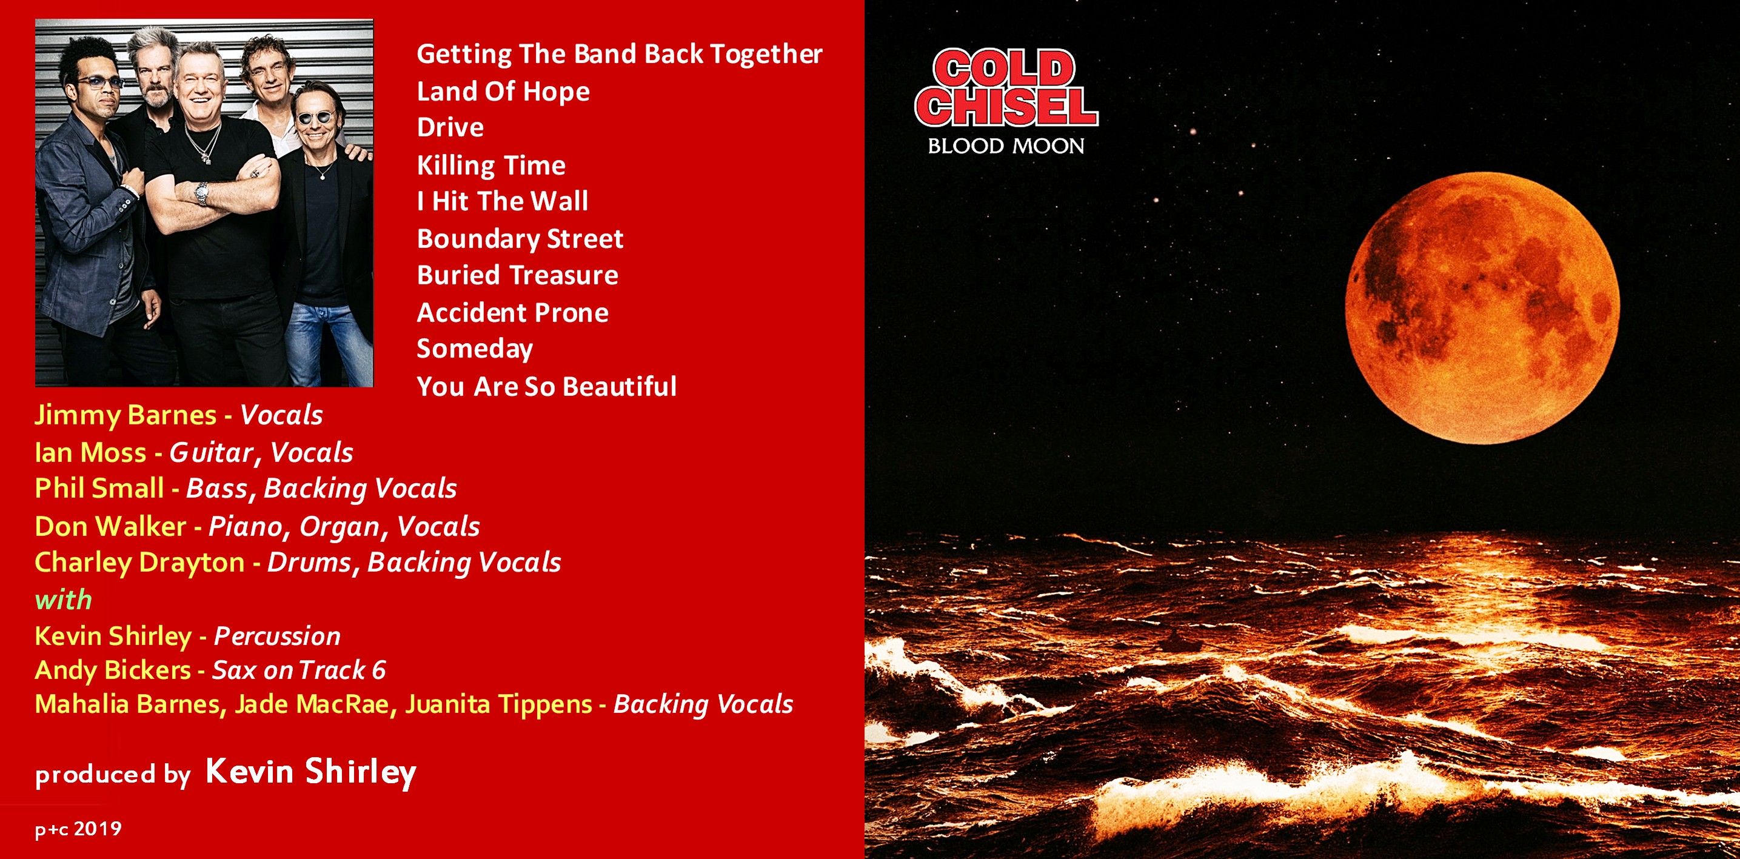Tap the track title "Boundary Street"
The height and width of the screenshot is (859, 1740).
(520, 239)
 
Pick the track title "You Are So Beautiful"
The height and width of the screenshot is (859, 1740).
(546, 386)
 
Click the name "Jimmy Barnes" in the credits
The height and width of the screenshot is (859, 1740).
(125, 415)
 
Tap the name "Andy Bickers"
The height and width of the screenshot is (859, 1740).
(113, 670)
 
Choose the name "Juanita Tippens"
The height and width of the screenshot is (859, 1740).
(498, 704)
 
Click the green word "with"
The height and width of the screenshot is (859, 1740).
(64, 600)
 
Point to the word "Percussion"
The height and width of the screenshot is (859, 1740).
(277, 636)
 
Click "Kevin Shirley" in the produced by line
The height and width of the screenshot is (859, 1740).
(310, 772)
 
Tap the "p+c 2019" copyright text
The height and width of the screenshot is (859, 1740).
(78, 829)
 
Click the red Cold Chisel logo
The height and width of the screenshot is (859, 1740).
(1006, 88)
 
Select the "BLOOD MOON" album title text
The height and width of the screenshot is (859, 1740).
(1006, 146)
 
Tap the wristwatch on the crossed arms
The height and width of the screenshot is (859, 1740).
(202, 194)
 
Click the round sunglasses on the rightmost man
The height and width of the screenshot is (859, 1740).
(315, 118)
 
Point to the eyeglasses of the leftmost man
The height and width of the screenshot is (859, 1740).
(101, 82)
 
